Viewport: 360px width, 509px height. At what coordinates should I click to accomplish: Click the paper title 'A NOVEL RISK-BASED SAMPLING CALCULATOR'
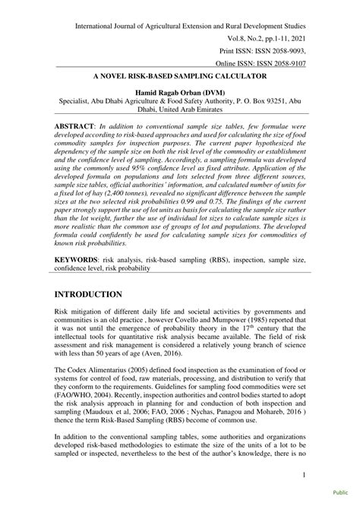(x=179, y=77)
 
